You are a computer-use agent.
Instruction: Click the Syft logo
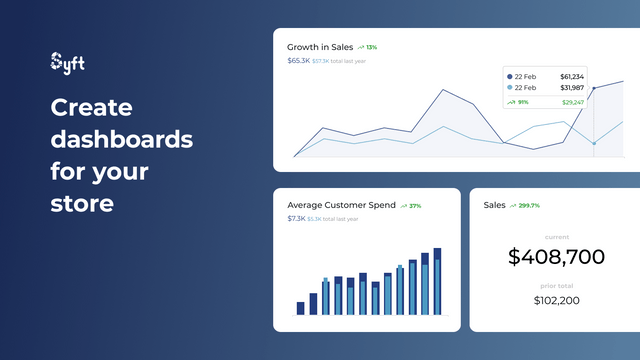[x=67, y=63]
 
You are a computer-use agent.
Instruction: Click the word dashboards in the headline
[x=122, y=139]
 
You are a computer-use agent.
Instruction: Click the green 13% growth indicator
[x=371, y=47]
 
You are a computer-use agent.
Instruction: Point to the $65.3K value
[x=298, y=61]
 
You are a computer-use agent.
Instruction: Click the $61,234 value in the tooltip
[x=572, y=76]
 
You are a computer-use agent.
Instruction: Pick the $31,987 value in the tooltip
[x=572, y=88]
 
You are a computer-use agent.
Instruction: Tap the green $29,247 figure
[x=573, y=102]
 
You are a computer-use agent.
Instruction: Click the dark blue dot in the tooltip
[x=510, y=76]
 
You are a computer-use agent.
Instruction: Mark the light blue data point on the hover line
[x=594, y=143]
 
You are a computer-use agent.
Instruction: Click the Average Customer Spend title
[x=341, y=205]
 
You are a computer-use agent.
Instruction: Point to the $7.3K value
[x=296, y=219]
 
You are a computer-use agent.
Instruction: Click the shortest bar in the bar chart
[x=300, y=308]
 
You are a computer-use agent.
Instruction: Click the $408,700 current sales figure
[x=556, y=257]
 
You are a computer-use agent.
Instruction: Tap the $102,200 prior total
[x=556, y=300]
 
